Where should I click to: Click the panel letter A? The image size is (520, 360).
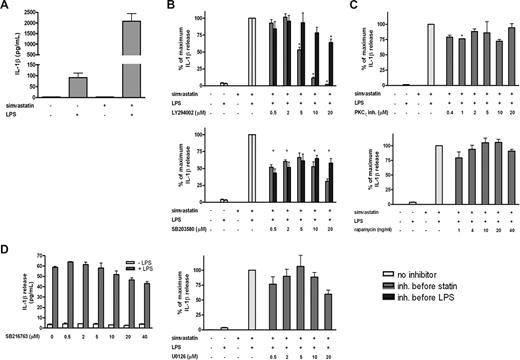coord(6,6)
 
